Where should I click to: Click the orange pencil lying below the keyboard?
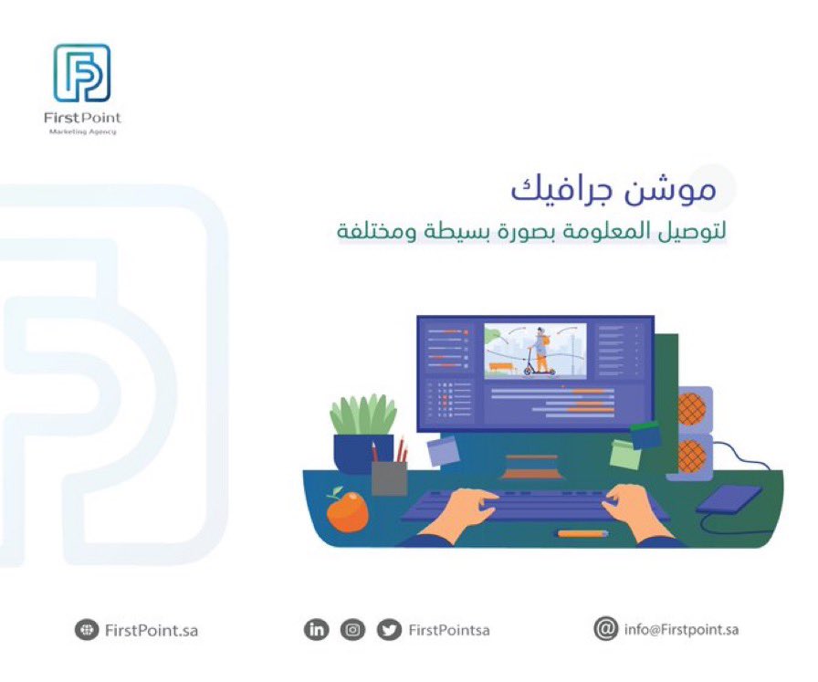click(x=582, y=532)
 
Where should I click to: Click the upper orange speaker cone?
click(x=692, y=407)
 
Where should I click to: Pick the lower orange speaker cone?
click(x=692, y=454)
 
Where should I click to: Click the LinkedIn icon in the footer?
click(x=316, y=630)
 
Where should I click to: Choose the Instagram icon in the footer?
click(x=352, y=630)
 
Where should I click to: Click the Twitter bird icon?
click(x=389, y=630)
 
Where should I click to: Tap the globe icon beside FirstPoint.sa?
click(x=86, y=630)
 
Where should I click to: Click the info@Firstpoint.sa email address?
click(x=681, y=629)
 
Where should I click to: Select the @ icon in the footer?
click(x=604, y=629)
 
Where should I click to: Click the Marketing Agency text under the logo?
click(x=82, y=132)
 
